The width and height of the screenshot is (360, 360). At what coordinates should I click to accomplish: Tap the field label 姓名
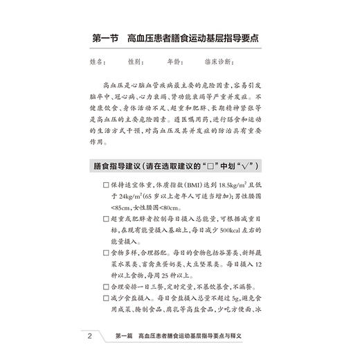(97, 62)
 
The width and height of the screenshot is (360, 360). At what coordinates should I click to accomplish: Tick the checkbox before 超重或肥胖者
(105, 219)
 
